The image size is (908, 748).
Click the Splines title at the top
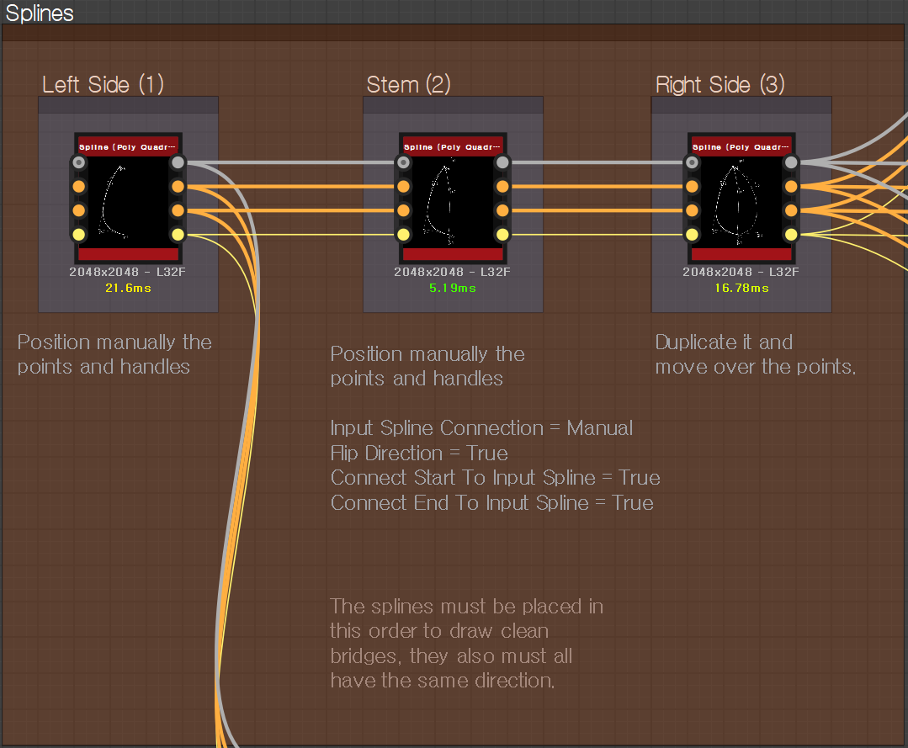click(x=40, y=13)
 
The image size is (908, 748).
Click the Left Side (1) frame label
click(x=103, y=84)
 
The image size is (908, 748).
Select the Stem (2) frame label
click(x=408, y=84)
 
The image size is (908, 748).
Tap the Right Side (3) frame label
click(x=719, y=84)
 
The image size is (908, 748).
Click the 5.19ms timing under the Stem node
click(x=453, y=288)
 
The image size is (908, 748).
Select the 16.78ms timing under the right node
click(x=741, y=288)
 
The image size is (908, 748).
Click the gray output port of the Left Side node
click(x=178, y=162)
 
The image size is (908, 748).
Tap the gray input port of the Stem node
click(x=404, y=162)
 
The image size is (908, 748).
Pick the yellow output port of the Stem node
click(x=502, y=234)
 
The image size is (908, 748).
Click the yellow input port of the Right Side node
click(x=693, y=234)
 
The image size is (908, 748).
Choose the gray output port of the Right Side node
click(x=791, y=162)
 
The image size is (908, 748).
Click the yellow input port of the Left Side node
click(x=79, y=234)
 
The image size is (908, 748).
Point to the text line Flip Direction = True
click(x=419, y=453)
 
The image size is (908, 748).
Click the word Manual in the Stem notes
click(x=599, y=427)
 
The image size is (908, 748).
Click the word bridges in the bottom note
click(x=367, y=655)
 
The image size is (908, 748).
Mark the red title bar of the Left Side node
click(x=128, y=146)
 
